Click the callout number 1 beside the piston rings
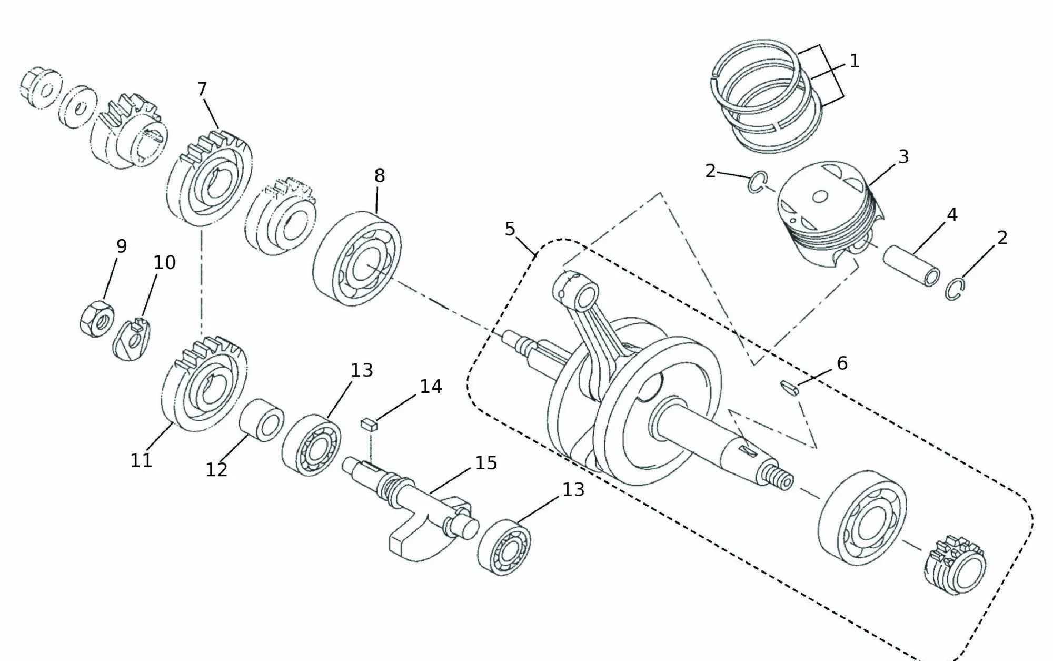tap(854, 62)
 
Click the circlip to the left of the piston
tap(757, 183)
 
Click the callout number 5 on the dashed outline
tap(510, 229)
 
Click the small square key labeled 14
tap(368, 425)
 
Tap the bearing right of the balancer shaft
tap(504, 548)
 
